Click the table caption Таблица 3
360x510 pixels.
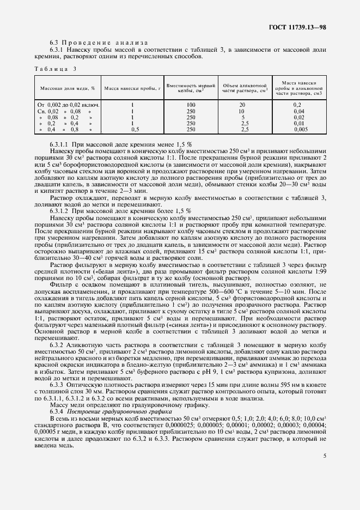(55, 69)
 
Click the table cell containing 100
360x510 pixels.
(191, 104)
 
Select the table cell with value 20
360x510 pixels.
(242, 104)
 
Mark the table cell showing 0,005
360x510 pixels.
(300, 130)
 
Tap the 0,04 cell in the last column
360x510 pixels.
(299, 111)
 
